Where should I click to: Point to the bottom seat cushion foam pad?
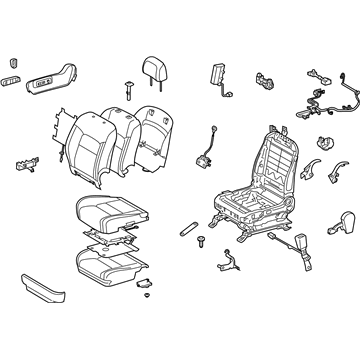[110, 264]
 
